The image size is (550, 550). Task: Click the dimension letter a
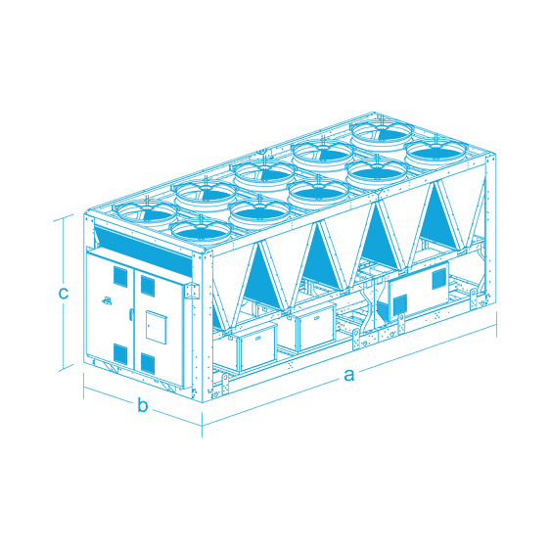point(348,375)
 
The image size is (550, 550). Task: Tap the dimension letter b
point(143,405)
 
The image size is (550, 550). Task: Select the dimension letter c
point(64,293)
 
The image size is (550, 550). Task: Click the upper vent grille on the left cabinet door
point(120,277)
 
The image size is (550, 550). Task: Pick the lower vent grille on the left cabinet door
point(120,353)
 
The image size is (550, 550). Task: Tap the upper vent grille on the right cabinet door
point(148,285)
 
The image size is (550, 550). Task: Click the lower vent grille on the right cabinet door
point(148,363)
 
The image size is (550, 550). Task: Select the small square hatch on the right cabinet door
point(156,327)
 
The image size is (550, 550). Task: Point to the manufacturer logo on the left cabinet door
point(107,300)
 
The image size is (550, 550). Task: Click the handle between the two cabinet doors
point(131,314)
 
